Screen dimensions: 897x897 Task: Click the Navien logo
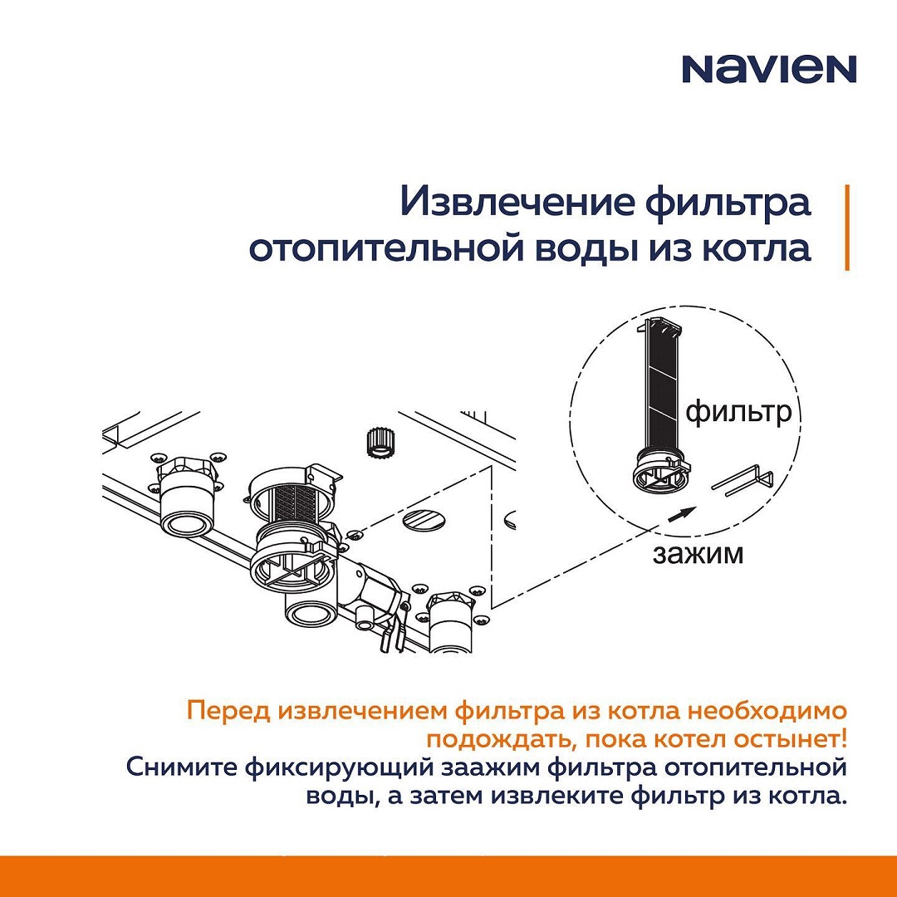click(769, 69)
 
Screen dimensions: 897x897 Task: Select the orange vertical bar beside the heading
click(847, 227)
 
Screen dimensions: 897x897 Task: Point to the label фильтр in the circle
click(738, 412)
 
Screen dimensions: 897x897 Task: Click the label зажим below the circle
click(698, 554)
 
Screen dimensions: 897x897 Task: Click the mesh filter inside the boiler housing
click(293, 502)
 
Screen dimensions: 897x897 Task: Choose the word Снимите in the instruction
click(181, 767)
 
